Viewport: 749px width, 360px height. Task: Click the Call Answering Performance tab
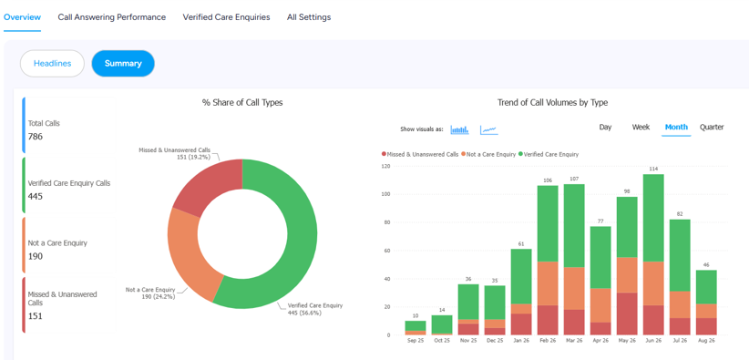click(112, 17)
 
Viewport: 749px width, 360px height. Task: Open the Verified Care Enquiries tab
click(226, 17)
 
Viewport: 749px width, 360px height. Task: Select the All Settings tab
click(309, 17)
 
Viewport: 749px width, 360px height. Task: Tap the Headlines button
click(52, 64)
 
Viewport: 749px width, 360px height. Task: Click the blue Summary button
click(123, 64)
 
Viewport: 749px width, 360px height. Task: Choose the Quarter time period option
click(712, 128)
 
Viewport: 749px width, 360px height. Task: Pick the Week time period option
click(641, 128)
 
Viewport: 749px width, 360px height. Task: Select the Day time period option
click(605, 128)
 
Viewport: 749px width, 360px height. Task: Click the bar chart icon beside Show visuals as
click(459, 129)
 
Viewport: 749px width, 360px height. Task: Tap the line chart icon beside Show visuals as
click(489, 129)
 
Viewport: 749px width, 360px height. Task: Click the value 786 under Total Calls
click(36, 137)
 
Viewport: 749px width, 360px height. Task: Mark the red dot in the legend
click(384, 154)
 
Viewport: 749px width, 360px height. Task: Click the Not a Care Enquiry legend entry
click(488, 154)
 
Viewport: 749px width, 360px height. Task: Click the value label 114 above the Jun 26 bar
click(653, 169)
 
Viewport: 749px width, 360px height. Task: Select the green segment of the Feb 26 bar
click(548, 223)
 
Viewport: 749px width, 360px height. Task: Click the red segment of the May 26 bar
click(627, 314)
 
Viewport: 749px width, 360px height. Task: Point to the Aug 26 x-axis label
click(706, 341)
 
